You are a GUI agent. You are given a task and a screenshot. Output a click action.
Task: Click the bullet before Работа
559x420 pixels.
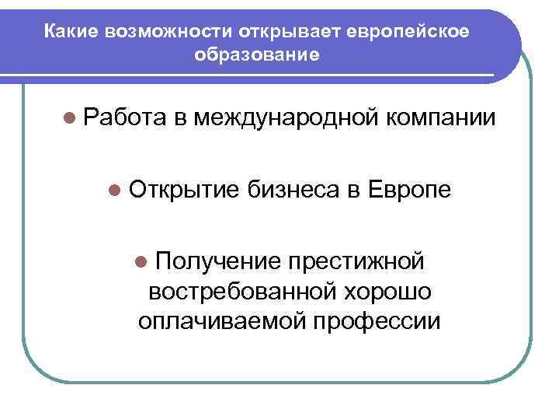(71, 117)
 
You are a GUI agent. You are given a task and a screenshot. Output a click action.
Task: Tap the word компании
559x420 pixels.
(440, 117)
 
